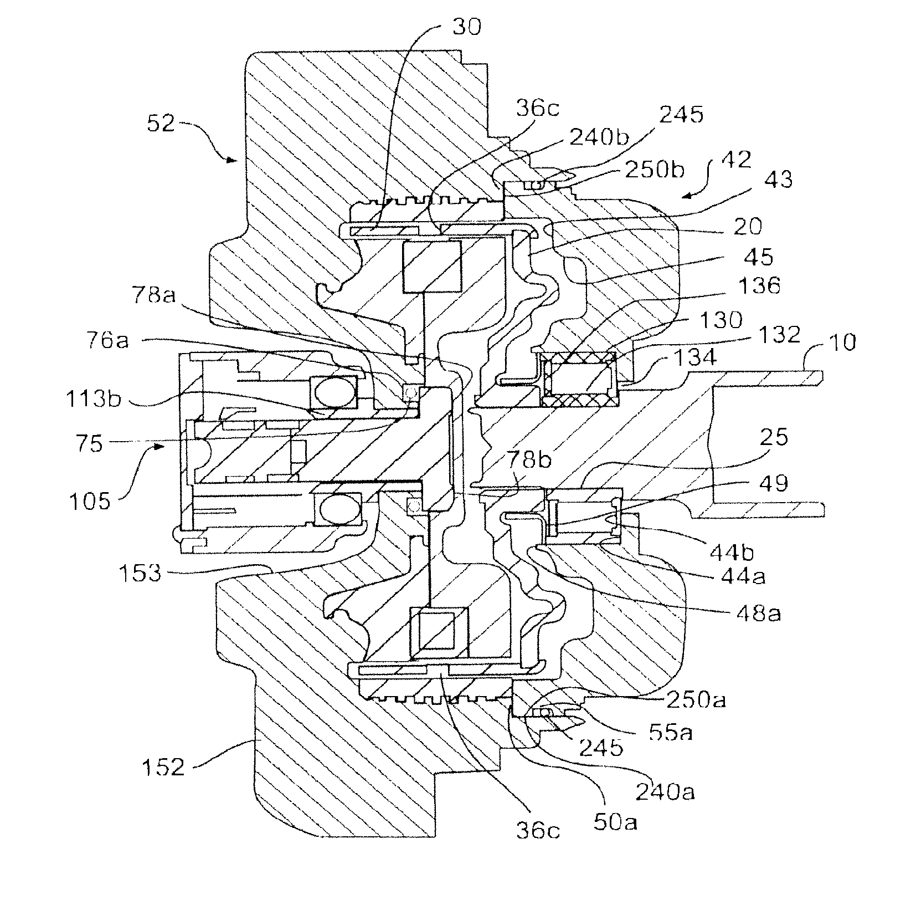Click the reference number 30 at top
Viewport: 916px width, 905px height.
click(466, 27)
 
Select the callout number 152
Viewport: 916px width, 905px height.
click(163, 768)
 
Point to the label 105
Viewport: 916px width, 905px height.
click(90, 501)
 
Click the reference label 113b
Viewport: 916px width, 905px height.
click(93, 398)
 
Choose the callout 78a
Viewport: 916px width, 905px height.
click(154, 296)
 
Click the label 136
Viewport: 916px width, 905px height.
click(759, 286)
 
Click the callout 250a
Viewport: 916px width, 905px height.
click(696, 701)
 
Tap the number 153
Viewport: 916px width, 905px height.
click(140, 572)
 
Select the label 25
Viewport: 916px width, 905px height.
click(774, 437)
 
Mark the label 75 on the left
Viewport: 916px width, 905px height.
click(89, 444)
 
